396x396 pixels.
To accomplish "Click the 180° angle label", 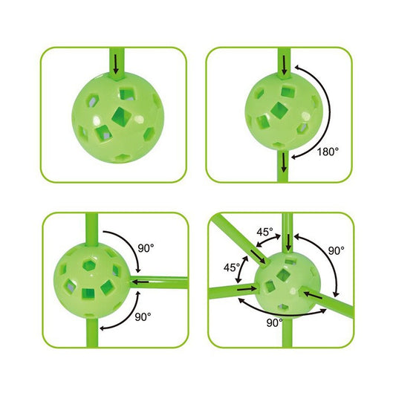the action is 328,152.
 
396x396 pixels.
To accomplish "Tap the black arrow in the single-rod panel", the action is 116,64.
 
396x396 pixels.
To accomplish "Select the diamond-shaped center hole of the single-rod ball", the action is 120,117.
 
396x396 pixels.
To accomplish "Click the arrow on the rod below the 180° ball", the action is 284,162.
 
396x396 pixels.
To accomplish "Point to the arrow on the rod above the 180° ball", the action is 285,65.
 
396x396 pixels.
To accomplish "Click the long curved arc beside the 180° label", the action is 330,111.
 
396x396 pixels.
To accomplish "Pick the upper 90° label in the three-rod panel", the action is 146,248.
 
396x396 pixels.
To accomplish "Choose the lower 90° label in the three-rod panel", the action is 143,317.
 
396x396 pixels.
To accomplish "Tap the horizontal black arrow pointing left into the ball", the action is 140,282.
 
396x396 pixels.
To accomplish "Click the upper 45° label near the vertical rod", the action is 265,232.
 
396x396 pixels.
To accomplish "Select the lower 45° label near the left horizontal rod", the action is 232,267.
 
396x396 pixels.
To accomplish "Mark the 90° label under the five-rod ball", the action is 274,322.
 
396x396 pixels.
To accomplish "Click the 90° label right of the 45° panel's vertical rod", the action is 336,250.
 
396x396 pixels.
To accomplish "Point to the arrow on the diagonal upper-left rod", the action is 258,256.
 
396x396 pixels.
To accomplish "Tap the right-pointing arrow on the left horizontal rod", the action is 247,288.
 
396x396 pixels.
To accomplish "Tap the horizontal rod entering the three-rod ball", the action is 159,282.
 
